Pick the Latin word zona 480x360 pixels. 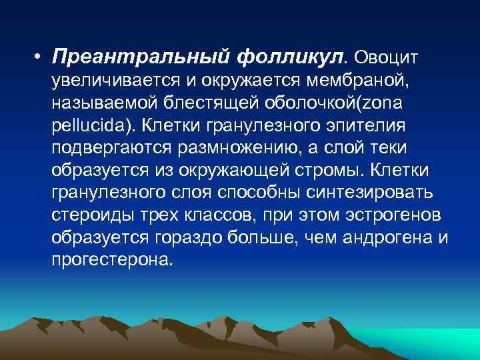pyautogui.click(x=379, y=104)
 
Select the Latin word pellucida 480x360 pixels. pyautogui.click(x=85, y=126)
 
